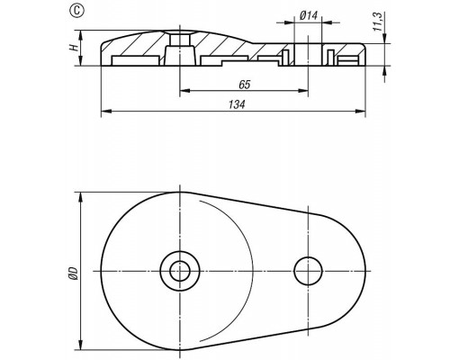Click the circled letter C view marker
point(77,11)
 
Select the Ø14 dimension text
point(309,15)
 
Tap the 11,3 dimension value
point(378,22)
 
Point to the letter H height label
point(73,47)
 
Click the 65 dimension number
point(245,85)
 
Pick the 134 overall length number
point(237,104)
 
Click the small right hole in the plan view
point(308,271)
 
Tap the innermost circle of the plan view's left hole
point(180,271)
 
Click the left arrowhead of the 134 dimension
point(106,112)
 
